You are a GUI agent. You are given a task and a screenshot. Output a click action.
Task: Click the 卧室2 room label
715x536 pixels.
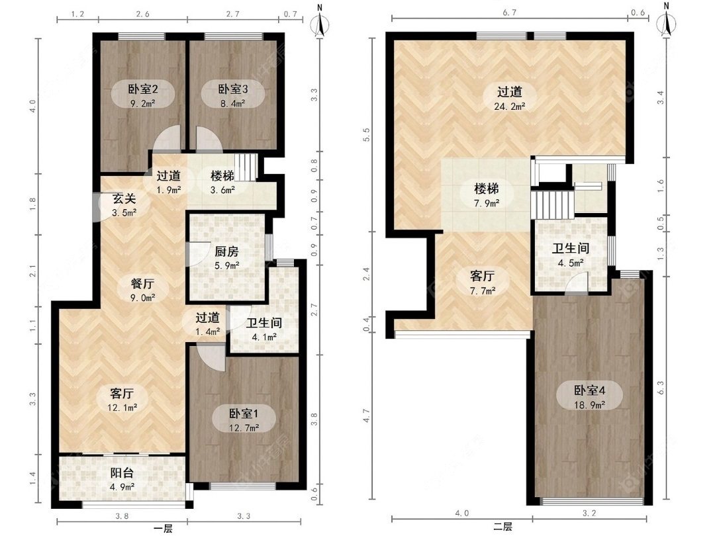point(143,89)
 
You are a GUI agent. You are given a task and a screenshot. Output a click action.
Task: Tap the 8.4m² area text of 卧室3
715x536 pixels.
point(232,103)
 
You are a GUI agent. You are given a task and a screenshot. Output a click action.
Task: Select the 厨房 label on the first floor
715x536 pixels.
point(226,251)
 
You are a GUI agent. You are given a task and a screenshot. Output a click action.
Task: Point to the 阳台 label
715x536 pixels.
point(122,472)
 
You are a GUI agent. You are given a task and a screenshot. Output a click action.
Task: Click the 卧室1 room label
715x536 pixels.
point(244,414)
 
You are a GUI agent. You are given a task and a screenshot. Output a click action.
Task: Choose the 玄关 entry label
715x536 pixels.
point(124,199)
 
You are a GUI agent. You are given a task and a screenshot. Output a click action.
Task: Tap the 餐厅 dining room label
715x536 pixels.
point(142,283)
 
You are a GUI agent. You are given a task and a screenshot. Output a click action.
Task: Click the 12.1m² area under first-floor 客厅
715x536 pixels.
point(122,408)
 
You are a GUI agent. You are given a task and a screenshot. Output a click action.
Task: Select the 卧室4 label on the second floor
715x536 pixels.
point(589,390)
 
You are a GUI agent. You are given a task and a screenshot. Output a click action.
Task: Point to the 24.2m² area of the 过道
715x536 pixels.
point(509,106)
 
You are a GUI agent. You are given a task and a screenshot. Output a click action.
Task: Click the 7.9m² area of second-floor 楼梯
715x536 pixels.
point(486,203)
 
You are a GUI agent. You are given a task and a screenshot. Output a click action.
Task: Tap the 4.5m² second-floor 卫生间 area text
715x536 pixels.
point(571,263)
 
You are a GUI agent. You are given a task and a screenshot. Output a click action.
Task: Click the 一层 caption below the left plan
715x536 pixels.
point(163,529)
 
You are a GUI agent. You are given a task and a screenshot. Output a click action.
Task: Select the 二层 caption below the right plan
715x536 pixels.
point(502,527)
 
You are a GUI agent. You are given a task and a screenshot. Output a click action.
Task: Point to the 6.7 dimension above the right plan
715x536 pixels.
point(509,13)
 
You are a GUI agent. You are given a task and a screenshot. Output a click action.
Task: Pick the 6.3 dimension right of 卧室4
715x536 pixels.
point(661,388)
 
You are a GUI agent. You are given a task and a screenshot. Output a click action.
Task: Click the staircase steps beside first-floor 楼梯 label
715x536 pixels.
point(246,167)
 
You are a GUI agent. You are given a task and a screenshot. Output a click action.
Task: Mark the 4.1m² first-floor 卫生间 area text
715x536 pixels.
point(263,337)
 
